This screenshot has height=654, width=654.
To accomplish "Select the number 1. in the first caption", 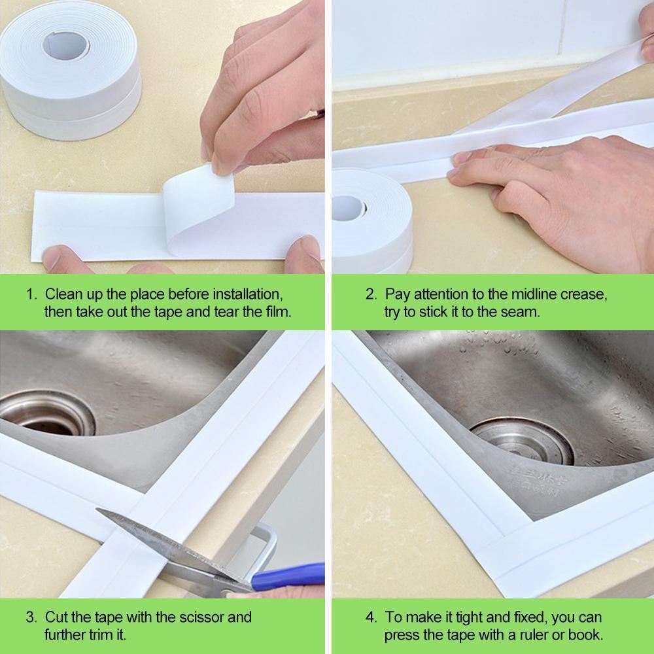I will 32,294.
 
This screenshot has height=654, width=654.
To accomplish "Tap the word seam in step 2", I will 522,312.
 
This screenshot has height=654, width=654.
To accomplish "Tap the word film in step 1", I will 275,312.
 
